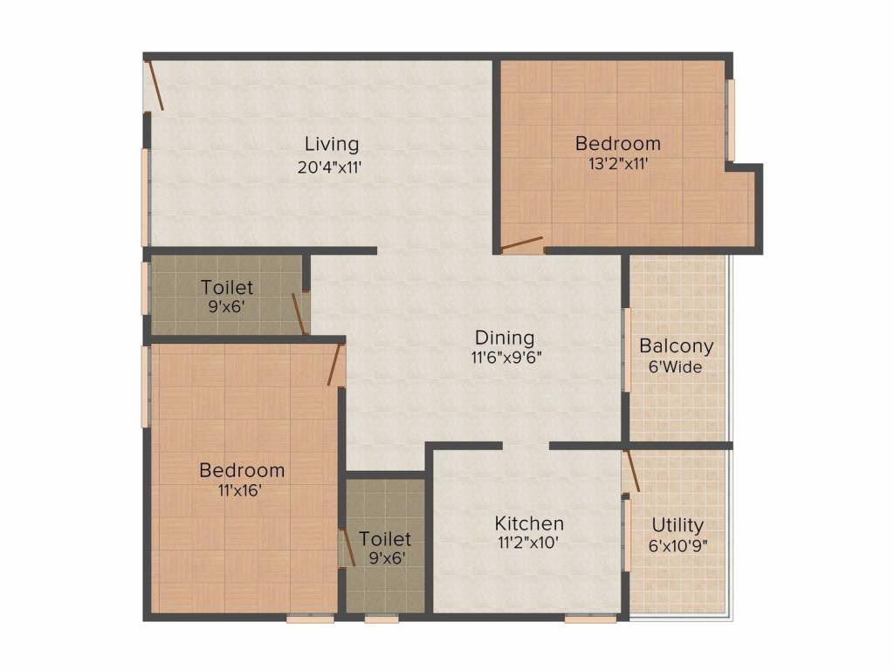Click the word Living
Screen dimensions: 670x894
[x=331, y=144]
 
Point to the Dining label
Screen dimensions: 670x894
[x=505, y=338]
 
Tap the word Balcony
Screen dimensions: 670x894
[x=676, y=345]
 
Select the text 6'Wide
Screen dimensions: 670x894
[x=676, y=366]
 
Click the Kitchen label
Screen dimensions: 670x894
[x=529, y=523]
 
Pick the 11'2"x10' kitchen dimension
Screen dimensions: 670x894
[x=529, y=543]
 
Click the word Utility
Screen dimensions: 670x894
[x=678, y=525]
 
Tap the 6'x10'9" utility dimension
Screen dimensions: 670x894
[x=678, y=546]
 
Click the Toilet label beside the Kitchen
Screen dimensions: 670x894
[x=385, y=540]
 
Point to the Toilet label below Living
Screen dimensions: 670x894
[x=227, y=287]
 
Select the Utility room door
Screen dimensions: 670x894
[x=631, y=470]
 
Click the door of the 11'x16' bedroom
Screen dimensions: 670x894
[x=334, y=365]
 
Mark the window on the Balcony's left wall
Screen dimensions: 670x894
[x=627, y=349]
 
